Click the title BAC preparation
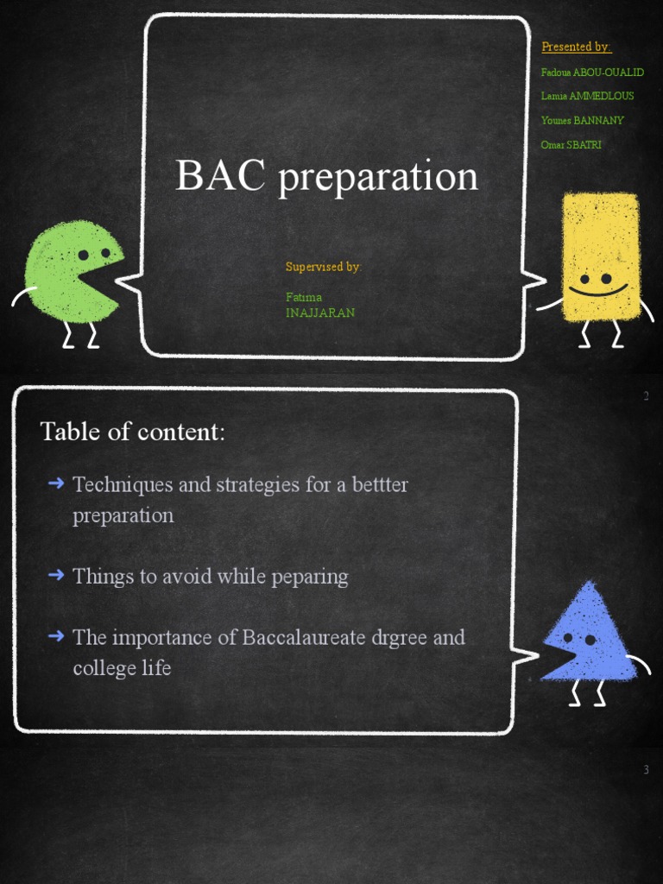[x=326, y=176]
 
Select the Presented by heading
[x=576, y=47]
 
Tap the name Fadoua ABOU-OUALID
[x=592, y=72]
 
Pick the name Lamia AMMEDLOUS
[x=587, y=96]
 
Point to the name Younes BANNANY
[x=582, y=120]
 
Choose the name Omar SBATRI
[x=571, y=144]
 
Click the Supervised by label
[x=323, y=267]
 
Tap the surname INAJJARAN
[x=320, y=313]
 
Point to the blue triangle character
[x=590, y=635]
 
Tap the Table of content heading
[x=132, y=431]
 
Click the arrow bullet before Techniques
[x=56, y=483]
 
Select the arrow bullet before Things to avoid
[x=56, y=575]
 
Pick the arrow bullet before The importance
[x=56, y=636]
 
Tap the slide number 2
[x=646, y=396]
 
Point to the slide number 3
[x=646, y=769]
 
